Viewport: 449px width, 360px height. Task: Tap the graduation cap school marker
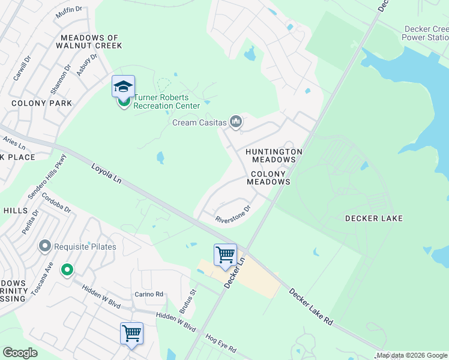tap(123, 87)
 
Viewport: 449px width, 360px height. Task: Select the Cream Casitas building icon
tap(236, 122)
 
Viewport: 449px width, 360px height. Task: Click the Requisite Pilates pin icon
tap(44, 246)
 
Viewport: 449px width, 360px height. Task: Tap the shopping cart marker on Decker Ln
tap(225, 255)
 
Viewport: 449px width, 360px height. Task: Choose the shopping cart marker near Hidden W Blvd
tap(131, 333)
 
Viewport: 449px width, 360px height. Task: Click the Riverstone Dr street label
tap(233, 215)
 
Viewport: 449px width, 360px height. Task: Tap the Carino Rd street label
tap(149, 294)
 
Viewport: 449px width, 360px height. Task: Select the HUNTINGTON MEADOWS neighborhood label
tap(274, 156)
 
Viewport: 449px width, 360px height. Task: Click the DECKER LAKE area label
tap(373, 218)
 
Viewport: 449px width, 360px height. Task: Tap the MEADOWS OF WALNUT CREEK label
tap(89, 41)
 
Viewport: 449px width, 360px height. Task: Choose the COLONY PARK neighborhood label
tap(42, 103)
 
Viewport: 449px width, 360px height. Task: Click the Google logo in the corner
tap(20, 353)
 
